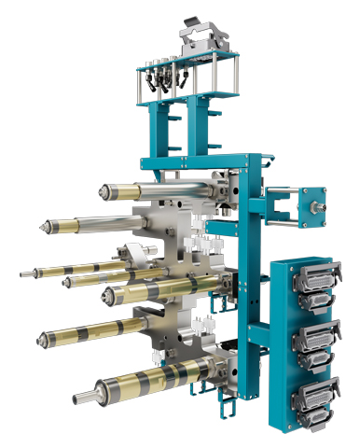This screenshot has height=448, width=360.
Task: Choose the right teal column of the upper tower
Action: coord(198,126)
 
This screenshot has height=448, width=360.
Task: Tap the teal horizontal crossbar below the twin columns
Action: coord(191,162)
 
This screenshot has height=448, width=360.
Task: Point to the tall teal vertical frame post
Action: coord(248,280)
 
